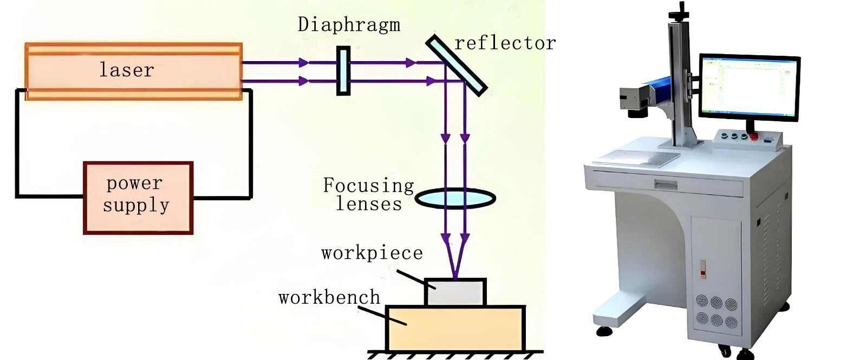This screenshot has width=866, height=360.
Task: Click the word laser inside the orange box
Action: (127, 70)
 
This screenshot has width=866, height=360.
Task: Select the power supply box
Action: (138, 198)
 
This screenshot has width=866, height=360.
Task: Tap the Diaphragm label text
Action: (349, 25)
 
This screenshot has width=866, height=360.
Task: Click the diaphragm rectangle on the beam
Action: (343, 71)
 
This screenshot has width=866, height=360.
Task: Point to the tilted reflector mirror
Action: (456, 65)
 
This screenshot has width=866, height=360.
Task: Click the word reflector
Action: (505, 43)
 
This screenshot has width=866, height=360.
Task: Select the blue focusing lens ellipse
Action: (455, 199)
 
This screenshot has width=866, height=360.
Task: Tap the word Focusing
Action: (368, 185)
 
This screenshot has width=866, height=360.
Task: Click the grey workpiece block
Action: (455, 292)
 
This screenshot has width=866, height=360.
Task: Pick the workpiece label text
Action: (372, 253)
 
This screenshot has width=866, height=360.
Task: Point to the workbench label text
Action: (329, 298)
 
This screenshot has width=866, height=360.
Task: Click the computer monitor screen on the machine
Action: (748, 87)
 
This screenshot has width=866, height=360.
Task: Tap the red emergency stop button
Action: (753, 136)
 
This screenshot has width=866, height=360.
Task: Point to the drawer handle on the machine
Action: (666, 185)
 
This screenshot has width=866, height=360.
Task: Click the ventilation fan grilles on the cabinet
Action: (716, 311)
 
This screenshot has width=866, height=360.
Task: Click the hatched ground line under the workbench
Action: (455, 355)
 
